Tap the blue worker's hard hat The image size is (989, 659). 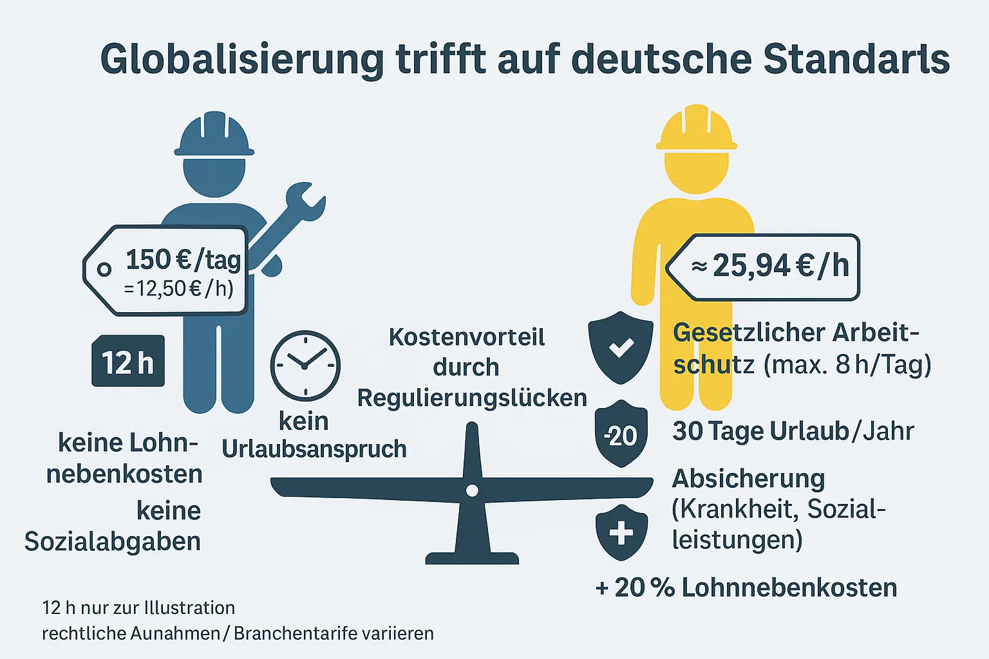[x=214, y=136]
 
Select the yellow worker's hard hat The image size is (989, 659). [x=696, y=129]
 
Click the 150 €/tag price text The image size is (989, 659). [x=183, y=260]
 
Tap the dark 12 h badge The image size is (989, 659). [x=128, y=362]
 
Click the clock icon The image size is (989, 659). [x=305, y=366]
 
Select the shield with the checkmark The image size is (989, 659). [x=621, y=347]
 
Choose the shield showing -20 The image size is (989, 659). [x=621, y=434]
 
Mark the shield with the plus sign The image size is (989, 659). [x=621, y=532]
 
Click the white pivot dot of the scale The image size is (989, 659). [x=472, y=491]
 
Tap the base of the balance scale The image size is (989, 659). [x=472, y=557]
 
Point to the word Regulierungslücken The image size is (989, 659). [x=472, y=398]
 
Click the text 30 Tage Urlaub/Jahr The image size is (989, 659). [x=793, y=431]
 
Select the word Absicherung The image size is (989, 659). [x=748, y=479]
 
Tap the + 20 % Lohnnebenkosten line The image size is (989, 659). [x=746, y=588]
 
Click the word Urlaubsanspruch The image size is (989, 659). [x=314, y=449]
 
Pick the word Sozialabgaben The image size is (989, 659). [x=113, y=541]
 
